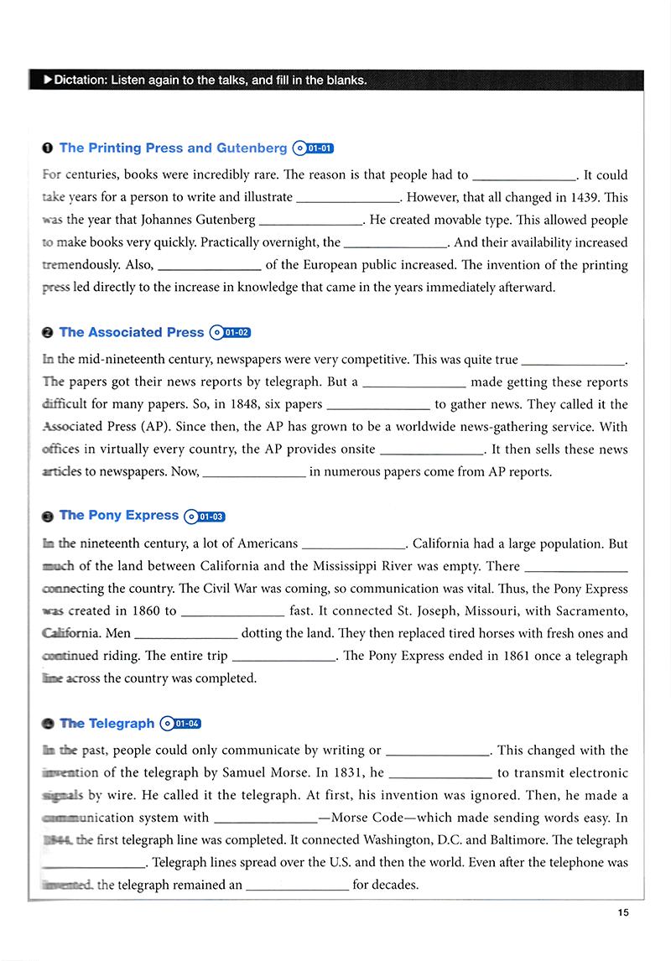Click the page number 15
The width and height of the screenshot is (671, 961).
622,912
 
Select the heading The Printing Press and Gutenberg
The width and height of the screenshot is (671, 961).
173,148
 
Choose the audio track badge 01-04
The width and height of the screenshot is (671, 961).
181,724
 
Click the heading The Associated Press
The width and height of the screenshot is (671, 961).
131,333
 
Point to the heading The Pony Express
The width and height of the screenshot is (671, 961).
118,516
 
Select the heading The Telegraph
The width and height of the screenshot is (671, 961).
107,724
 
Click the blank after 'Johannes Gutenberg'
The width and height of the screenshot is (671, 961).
311,221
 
